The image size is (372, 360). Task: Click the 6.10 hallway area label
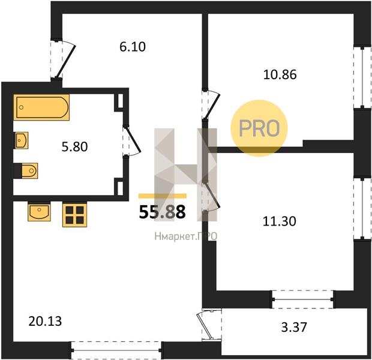click(x=133, y=47)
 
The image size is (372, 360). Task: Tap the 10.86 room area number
click(x=280, y=74)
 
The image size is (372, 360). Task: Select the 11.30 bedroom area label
click(x=280, y=221)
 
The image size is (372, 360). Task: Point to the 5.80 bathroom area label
click(x=75, y=146)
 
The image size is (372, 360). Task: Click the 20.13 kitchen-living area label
click(x=45, y=322)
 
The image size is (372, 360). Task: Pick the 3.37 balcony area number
click(x=294, y=327)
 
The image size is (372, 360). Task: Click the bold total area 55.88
click(x=162, y=212)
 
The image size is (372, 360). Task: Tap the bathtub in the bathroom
click(x=41, y=107)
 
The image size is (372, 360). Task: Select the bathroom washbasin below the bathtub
click(x=22, y=140)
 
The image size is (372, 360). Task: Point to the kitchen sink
click(x=39, y=212)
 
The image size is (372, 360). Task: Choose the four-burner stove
click(x=75, y=215)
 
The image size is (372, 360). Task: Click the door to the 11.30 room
click(x=212, y=196)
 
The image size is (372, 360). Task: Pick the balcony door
click(x=206, y=325)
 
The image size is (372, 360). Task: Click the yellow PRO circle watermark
click(x=259, y=128)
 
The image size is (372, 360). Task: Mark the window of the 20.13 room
click(x=116, y=350)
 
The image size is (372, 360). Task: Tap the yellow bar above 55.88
click(x=163, y=196)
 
